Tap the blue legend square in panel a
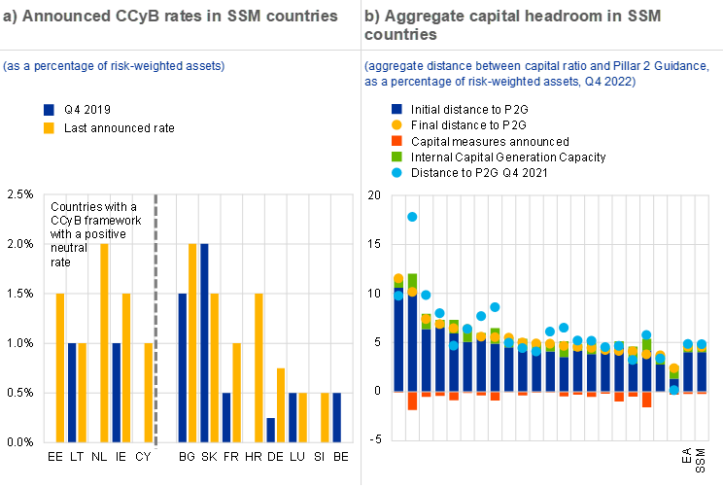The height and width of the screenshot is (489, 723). click(49, 111)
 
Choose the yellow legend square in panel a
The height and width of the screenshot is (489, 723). click(49, 128)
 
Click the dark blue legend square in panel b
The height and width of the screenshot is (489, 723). click(396, 110)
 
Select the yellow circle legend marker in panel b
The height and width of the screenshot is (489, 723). click(396, 125)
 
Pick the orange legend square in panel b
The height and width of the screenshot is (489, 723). click(396, 141)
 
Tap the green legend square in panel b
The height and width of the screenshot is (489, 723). click(396, 157)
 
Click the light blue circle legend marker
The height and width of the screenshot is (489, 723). click(396, 172)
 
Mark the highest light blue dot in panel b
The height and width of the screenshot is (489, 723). click(412, 217)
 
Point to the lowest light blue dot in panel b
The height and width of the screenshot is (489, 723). click(674, 390)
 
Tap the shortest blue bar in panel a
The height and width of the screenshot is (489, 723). click(271, 430)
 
